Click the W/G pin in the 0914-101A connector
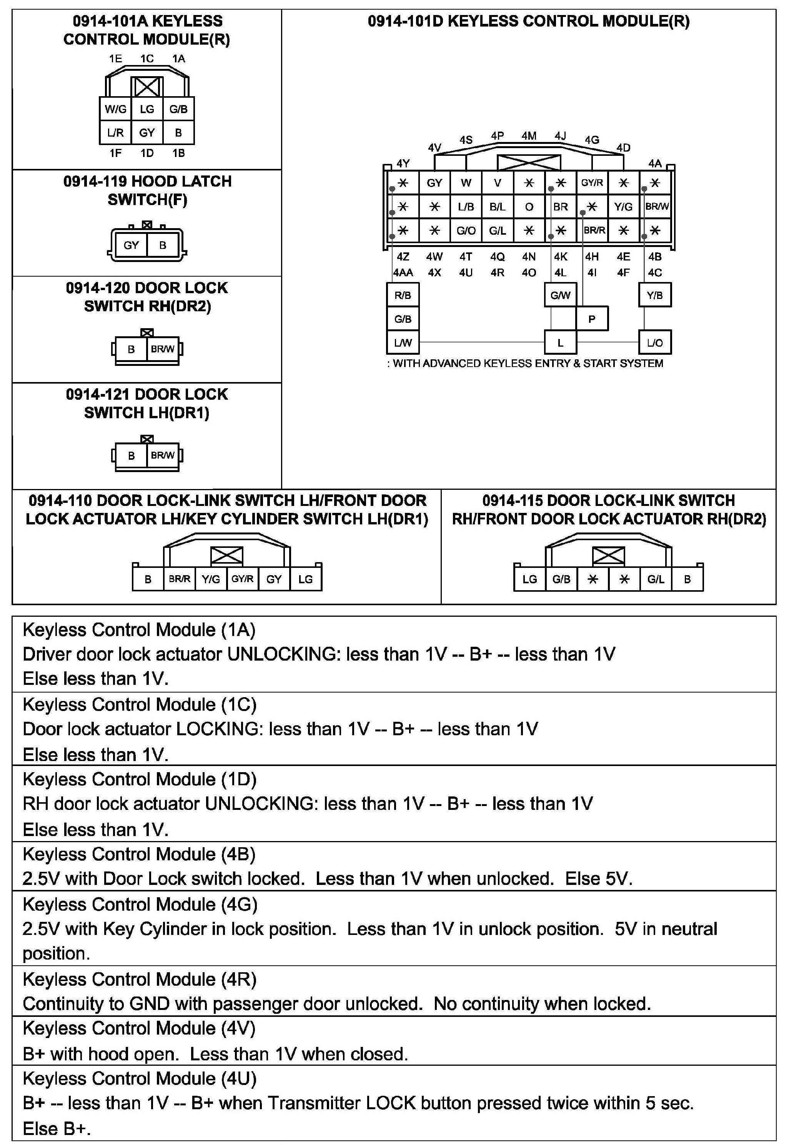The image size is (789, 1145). (115, 109)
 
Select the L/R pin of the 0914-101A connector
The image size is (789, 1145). (115, 133)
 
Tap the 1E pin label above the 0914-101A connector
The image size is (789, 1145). (115, 59)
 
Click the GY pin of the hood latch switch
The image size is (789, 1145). (131, 245)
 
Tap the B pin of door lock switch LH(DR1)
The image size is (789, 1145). (131, 456)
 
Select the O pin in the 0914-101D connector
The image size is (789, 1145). (529, 207)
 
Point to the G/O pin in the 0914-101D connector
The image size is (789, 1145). (466, 230)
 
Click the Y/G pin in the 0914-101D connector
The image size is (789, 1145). (623, 207)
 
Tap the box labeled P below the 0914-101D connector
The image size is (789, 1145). (592, 319)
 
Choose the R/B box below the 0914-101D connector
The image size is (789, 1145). (403, 295)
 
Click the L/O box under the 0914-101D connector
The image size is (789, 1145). (655, 343)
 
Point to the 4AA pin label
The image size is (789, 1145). (403, 272)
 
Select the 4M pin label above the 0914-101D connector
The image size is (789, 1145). (529, 135)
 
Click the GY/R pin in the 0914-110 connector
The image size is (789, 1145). (242, 579)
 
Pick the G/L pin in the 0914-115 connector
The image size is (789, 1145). (656, 579)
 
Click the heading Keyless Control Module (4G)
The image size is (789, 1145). (140, 904)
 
